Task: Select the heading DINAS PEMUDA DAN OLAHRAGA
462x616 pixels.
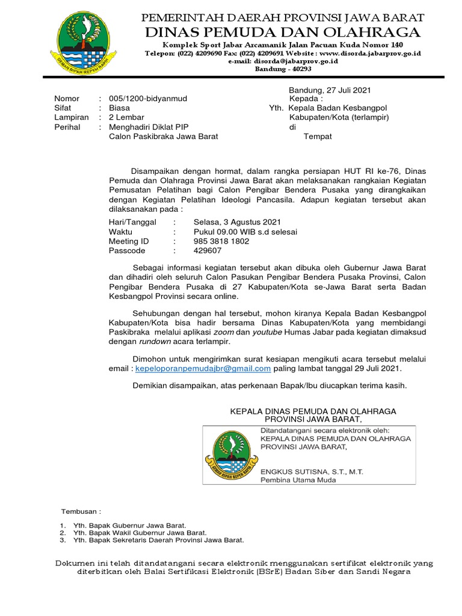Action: [x=283, y=32]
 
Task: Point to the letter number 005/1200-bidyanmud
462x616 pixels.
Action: [x=147, y=98]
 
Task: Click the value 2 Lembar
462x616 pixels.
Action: [x=126, y=117]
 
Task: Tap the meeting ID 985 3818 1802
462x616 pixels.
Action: [x=221, y=241]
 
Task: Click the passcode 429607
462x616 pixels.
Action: [x=207, y=251]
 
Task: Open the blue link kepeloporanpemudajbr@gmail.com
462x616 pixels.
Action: [x=203, y=368]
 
